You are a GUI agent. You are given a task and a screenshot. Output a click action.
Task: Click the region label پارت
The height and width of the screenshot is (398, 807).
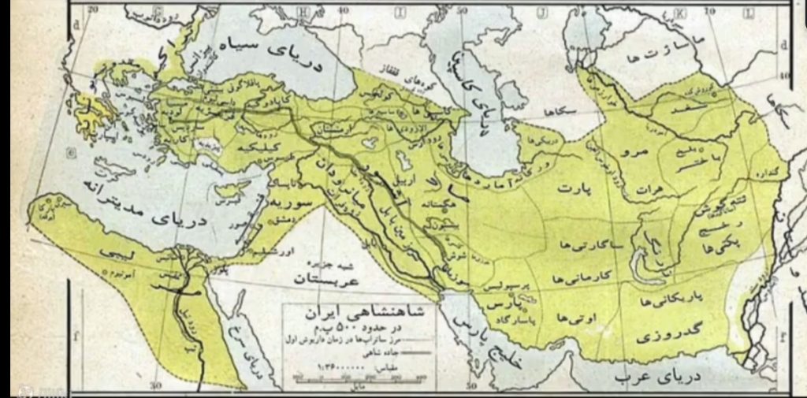point(575,190)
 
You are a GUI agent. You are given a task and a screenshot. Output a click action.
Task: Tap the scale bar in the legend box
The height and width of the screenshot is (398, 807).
point(355,375)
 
